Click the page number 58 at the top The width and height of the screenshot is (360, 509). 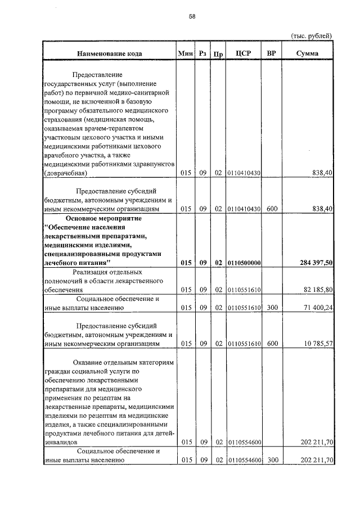(192, 17)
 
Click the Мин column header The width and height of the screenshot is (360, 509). (185, 53)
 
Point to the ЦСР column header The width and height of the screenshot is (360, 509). (244, 53)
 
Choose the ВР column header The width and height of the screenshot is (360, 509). (272, 53)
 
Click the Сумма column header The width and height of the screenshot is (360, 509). (308, 53)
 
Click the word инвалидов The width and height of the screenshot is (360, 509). (60, 442)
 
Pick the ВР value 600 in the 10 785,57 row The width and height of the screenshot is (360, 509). (272, 343)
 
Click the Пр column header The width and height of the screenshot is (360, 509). (218, 54)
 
